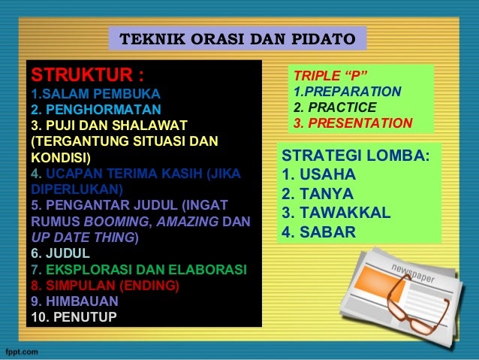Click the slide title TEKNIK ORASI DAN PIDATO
pos(238,38)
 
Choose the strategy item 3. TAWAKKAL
pos(335,213)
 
